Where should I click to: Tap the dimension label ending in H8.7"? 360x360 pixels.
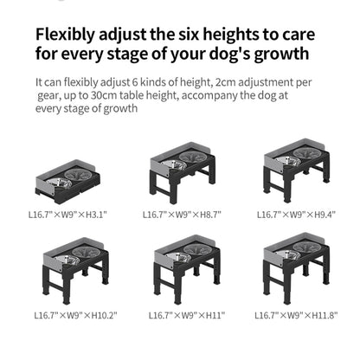tap(182, 214)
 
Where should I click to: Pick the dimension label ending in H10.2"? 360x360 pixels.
tap(71, 316)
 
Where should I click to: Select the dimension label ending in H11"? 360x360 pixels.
tap(182, 316)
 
